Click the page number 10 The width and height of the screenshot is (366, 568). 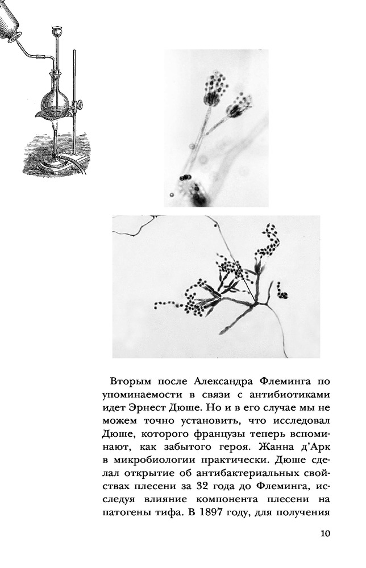[325, 533]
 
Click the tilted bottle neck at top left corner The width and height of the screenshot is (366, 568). [11, 28]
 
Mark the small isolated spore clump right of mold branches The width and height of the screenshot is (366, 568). [282, 294]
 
